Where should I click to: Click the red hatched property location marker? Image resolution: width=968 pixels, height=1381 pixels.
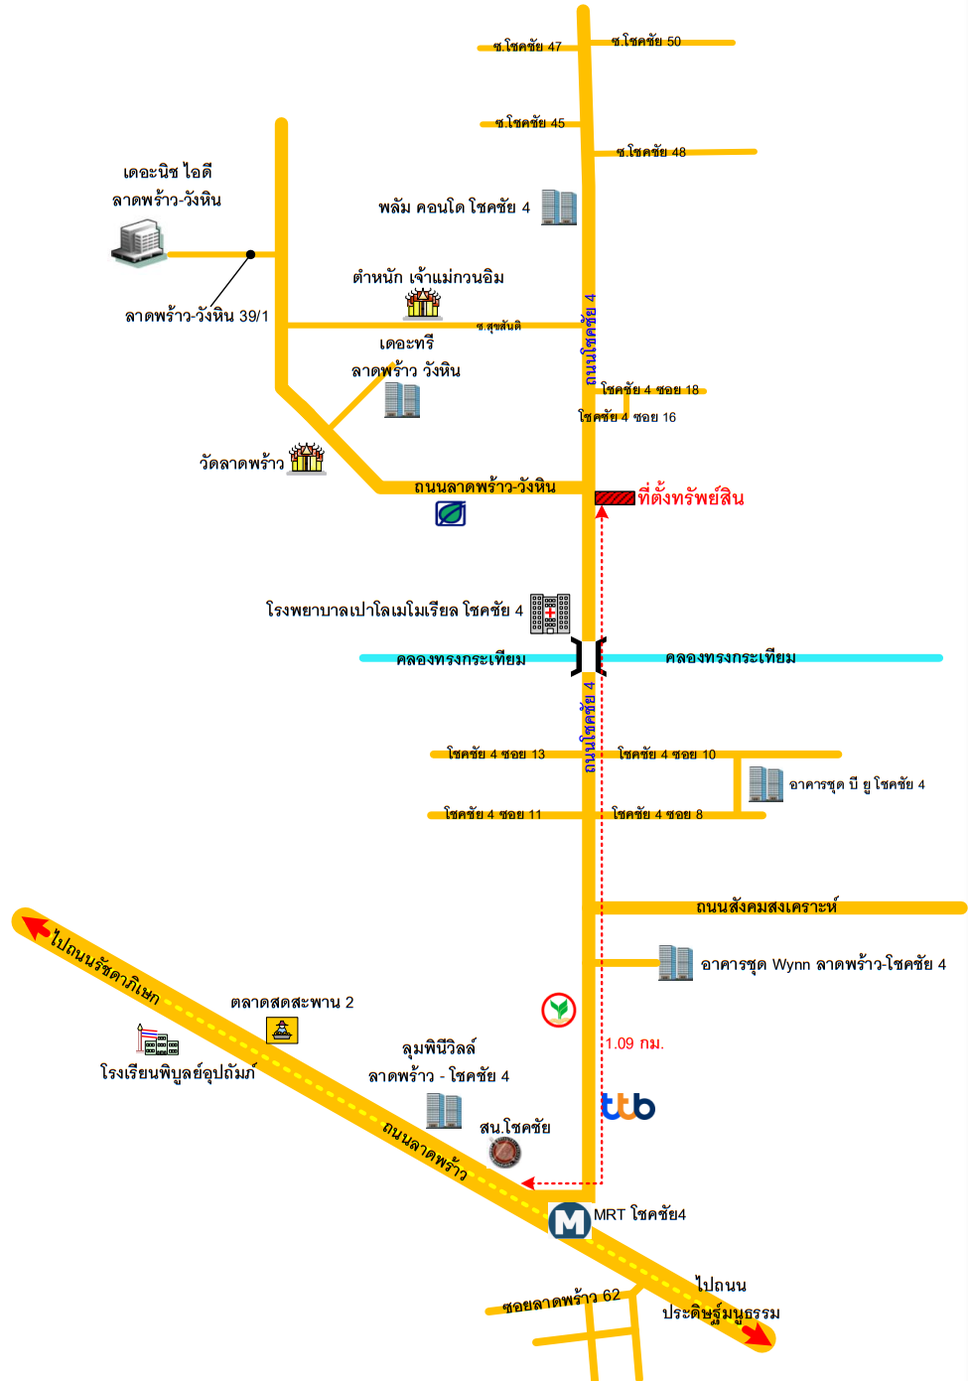[x=615, y=497]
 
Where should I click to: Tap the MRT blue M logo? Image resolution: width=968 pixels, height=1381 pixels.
[x=570, y=1220]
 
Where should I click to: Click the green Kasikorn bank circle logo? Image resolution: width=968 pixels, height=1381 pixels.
[x=559, y=1010]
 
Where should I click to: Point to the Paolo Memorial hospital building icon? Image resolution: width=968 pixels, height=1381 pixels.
[x=550, y=614]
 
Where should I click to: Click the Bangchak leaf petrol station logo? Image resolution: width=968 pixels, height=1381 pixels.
[x=450, y=513]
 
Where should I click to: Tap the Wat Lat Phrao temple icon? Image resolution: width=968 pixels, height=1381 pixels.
[x=307, y=458]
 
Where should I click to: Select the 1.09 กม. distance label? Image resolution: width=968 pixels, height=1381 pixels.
[x=634, y=1043]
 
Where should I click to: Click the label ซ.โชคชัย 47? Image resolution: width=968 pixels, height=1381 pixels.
[x=527, y=47]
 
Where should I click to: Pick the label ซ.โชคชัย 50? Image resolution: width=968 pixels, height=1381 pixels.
[x=646, y=42]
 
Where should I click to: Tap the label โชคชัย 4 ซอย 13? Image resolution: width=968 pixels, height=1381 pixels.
[x=496, y=754]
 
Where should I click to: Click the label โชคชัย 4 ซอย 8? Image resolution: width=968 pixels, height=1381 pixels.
[x=657, y=814]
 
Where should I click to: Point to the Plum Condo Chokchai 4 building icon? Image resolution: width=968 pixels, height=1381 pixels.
[x=559, y=207]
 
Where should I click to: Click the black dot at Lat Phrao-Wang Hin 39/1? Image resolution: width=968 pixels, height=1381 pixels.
[x=251, y=254]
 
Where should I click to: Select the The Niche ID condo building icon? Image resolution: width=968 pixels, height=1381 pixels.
[x=139, y=242]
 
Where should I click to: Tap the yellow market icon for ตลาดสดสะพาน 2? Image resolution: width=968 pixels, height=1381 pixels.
[x=282, y=1031]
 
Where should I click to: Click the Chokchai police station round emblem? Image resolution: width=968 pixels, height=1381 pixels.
[x=505, y=1153]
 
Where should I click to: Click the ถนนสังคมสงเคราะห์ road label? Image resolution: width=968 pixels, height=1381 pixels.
[x=767, y=906]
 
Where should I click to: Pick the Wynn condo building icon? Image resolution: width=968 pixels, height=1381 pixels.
[x=676, y=962]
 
